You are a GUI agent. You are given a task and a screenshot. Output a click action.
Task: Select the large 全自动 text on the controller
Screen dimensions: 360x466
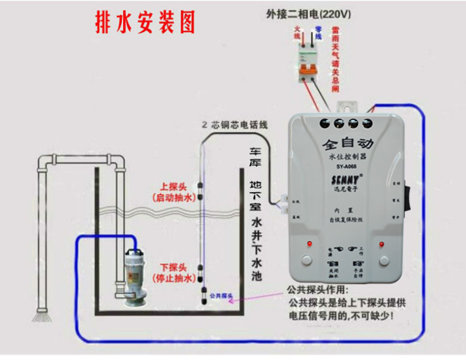346,144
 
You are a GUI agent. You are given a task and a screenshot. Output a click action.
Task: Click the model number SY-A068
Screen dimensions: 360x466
347,166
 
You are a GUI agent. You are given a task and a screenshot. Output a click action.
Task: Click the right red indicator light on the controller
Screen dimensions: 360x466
381,243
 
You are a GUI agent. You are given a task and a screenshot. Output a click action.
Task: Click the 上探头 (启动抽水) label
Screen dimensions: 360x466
174,192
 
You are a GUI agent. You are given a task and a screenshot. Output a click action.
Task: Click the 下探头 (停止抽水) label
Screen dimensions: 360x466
174,272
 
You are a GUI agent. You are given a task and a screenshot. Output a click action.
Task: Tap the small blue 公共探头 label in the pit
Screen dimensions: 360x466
221,295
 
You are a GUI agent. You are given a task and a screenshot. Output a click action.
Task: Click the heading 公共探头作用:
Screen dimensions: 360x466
318,290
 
